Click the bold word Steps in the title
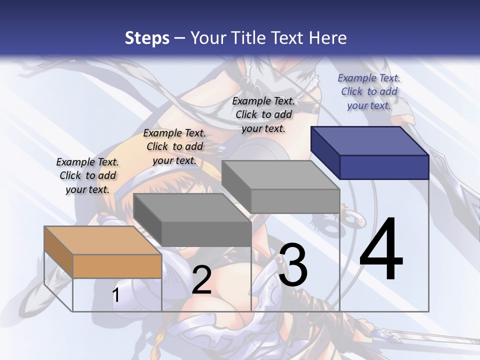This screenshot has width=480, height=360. coord(147,38)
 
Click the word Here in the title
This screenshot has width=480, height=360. coord(328,38)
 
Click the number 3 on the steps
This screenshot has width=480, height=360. coord(293,265)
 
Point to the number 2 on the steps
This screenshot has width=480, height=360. coord(201,280)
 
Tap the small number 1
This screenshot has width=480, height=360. coord(116,295)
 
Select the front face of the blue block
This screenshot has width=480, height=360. coord(384,167)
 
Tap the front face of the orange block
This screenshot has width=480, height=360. coord(117,266)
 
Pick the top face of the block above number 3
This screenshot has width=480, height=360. coord(280,175)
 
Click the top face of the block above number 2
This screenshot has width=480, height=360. coord(191,207)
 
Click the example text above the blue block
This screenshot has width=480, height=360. coord(369,91)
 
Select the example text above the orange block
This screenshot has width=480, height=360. coord(87,175)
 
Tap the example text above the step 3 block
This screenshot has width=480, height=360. coord(263,114)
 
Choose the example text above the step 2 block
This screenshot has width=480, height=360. coord(174,146)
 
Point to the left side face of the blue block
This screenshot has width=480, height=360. coord(325,152)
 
